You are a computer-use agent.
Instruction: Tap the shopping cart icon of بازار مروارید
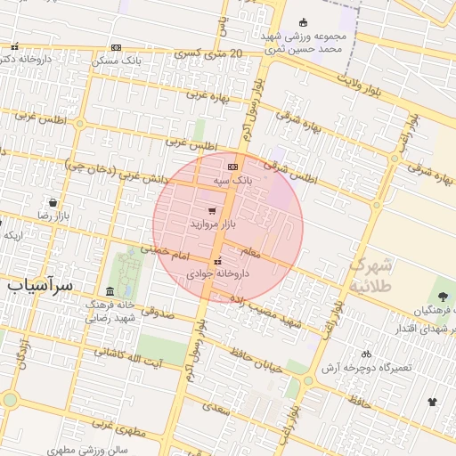pyautogui.click(x=211, y=211)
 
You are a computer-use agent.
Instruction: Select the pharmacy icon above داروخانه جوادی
pyautogui.click(x=217, y=261)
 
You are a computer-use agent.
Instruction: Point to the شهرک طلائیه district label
pyautogui.click(x=370, y=275)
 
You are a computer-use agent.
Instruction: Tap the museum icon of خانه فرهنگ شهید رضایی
pyautogui.click(x=110, y=292)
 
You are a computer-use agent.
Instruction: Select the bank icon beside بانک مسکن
pyautogui.click(x=116, y=47)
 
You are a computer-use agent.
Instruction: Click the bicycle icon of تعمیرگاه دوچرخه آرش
pyautogui.click(x=366, y=354)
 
